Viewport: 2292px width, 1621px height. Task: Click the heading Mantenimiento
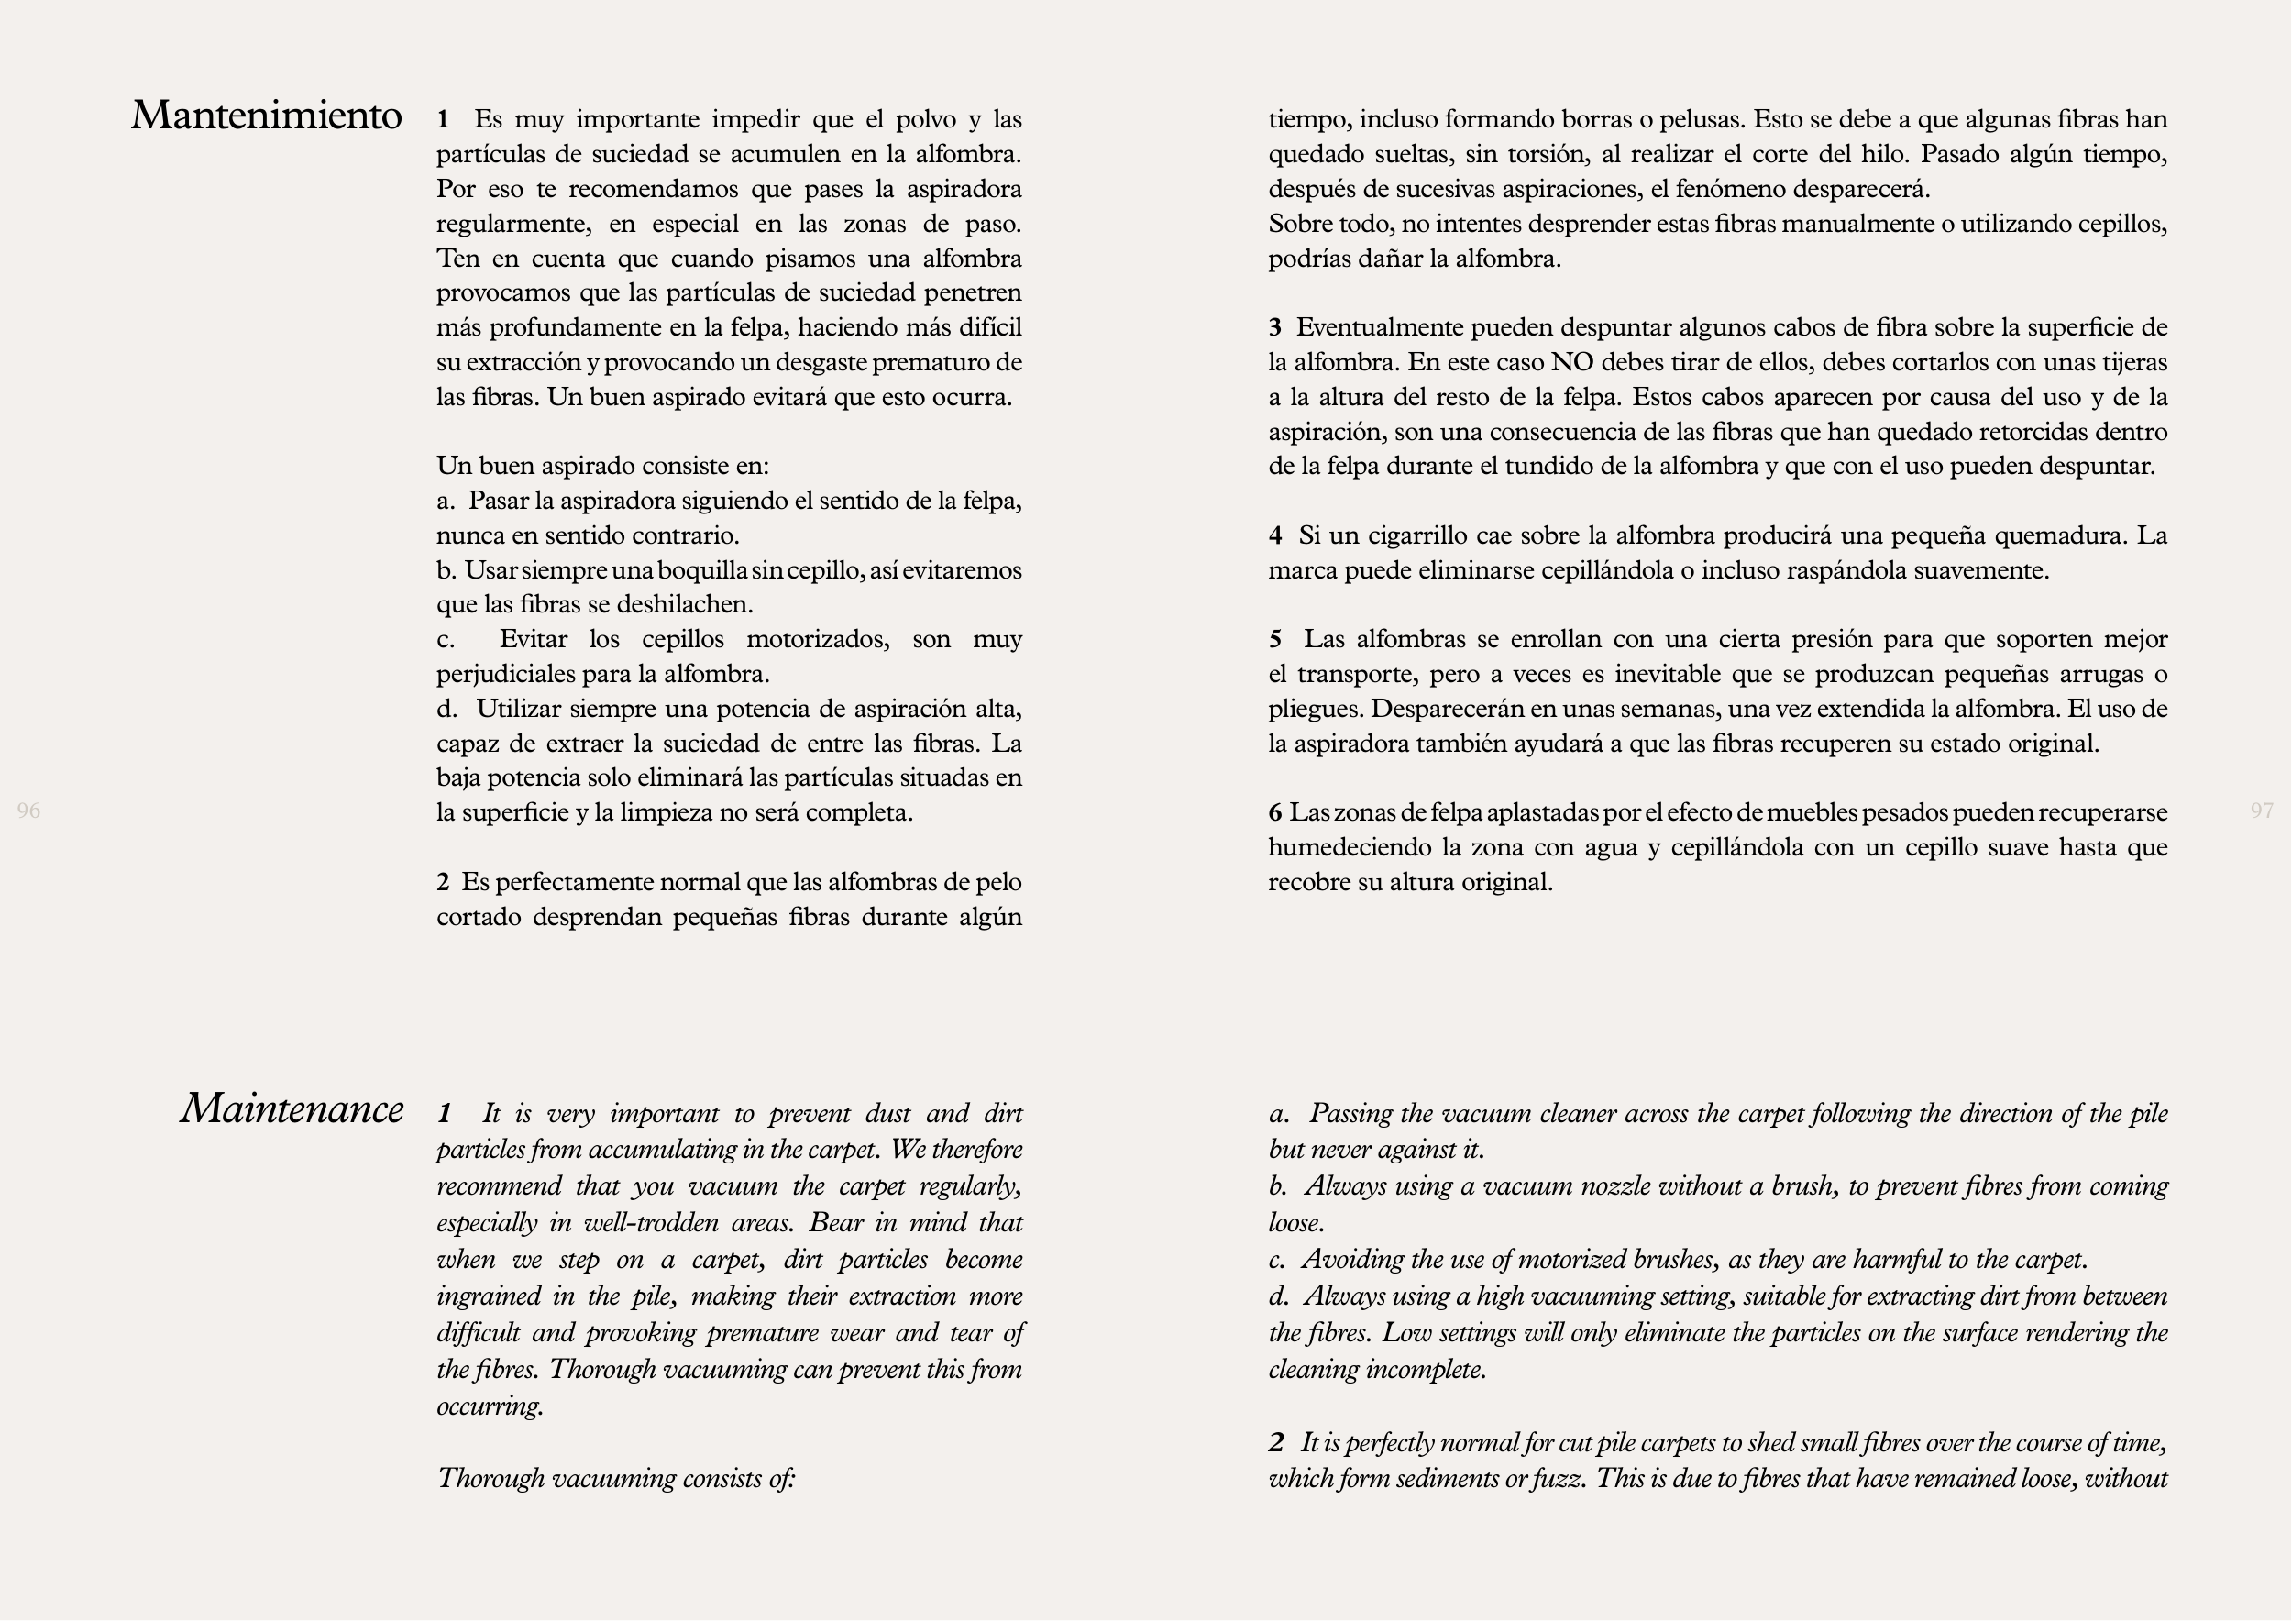(x=267, y=116)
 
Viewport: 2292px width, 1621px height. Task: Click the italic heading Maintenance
(x=292, y=1109)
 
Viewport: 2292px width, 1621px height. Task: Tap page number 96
(x=29, y=810)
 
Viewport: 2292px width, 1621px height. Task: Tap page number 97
(x=2262, y=810)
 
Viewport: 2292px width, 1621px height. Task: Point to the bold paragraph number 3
(x=1274, y=327)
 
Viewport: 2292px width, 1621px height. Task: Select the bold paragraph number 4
(x=1274, y=536)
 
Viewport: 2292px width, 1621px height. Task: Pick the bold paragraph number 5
(x=1274, y=639)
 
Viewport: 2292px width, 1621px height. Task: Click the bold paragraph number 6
(x=1274, y=812)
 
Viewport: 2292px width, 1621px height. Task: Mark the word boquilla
(x=703, y=571)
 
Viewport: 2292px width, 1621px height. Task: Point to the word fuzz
(x=1557, y=1478)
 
